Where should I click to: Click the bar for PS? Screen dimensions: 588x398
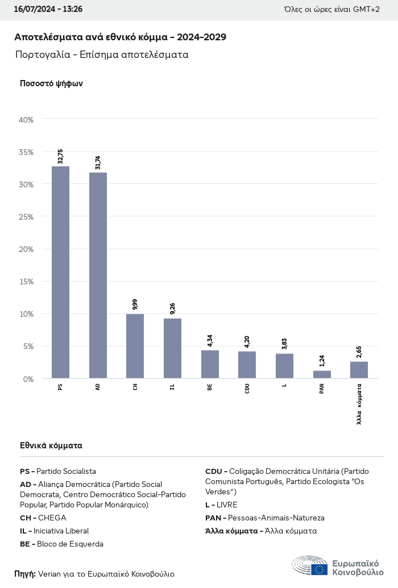tap(60, 272)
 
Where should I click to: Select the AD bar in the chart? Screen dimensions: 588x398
tap(98, 275)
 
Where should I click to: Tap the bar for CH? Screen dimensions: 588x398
tap(135, 346)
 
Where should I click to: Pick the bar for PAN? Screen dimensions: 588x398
tap(322, 375)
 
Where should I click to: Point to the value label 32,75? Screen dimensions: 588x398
tap(60, 156)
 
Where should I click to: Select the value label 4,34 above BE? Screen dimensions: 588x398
tap(210, 340)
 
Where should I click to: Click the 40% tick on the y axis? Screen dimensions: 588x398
tap(27, 120)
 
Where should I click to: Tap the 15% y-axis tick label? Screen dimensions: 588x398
tap(27, 282)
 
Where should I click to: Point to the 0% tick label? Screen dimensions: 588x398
tap(28, 379)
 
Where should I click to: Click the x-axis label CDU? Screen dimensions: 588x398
tap(247, 389)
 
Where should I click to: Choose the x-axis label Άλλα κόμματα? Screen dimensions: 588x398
tap(359, 404)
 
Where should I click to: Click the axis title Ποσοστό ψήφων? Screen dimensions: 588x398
tap(51, 83)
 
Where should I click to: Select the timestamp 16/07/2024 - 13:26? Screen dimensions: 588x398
tap(48, 10)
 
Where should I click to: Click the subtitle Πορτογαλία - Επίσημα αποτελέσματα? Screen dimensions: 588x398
tap(102, 55)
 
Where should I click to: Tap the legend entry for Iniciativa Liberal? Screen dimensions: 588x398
tap(54, 531)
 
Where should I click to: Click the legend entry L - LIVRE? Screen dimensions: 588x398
tap(221, 505)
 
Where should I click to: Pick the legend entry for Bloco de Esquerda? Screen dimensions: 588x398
tap(61, 544)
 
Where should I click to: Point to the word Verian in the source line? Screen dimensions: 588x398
tap(49, 574)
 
